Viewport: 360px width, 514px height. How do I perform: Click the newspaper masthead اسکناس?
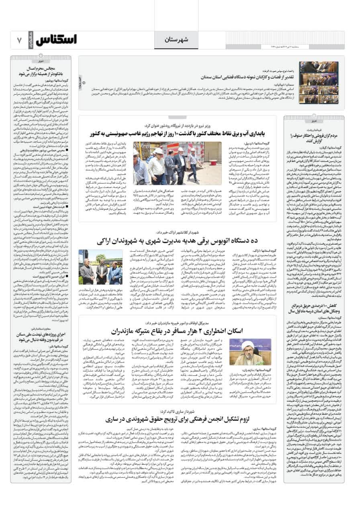56,40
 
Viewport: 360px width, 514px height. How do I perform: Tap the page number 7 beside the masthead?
19,40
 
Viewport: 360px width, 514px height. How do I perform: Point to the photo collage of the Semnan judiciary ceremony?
319,82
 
